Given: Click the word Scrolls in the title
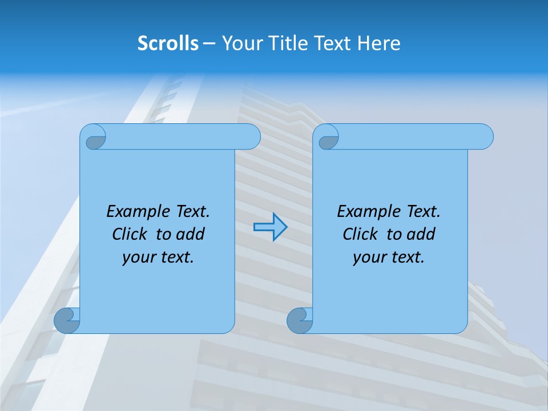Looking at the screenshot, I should tap(168, 43).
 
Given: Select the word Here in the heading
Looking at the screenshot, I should tap(379, 43).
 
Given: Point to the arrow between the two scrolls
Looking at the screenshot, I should tap(270, 227).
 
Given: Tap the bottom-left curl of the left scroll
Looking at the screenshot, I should tap(66, 320).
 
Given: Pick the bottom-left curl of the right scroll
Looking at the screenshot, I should tap(299, 320).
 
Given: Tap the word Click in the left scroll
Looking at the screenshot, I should tap(131, 234).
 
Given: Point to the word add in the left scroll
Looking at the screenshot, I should tap(191, 234).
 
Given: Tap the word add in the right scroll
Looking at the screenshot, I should tap(421, 234).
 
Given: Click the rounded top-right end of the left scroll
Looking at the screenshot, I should tap(251, 136).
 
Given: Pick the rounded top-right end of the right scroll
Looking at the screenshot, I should tap(484, 136).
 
